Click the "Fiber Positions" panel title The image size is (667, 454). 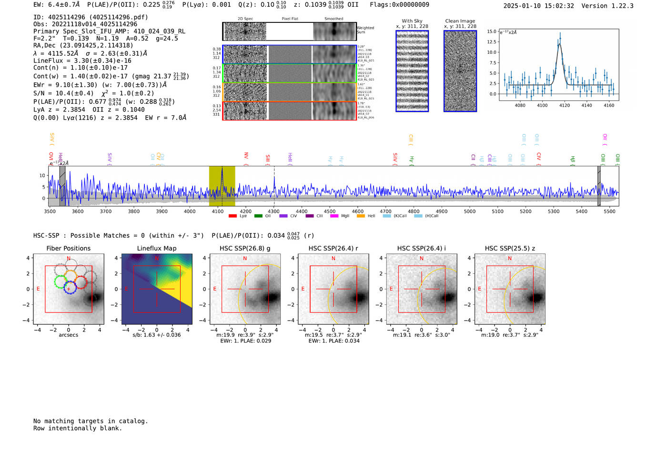point(68,248)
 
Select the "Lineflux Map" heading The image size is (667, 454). point(156,248)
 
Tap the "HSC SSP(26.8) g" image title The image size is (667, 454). point(245,248)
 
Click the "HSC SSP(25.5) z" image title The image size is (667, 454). point(510,248)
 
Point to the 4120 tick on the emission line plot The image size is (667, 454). point(565,105)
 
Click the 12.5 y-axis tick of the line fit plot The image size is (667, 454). point(491,42)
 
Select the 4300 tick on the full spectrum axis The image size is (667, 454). point(273,212)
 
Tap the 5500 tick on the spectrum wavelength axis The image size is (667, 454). point(609,212)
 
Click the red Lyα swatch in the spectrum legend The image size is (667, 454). point(232,216)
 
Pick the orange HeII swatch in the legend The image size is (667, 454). point(361,216)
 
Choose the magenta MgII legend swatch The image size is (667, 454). point(333,216)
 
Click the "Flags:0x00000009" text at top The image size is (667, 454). point(399,5)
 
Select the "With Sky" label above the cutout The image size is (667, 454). point(412,21)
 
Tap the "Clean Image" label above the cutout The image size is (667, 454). point(460,21)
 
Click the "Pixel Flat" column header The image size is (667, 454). point(290,19)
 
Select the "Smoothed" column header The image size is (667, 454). point(333,19)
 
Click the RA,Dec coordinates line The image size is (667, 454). point(83,46)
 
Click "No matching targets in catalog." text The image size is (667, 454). point(91,421)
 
